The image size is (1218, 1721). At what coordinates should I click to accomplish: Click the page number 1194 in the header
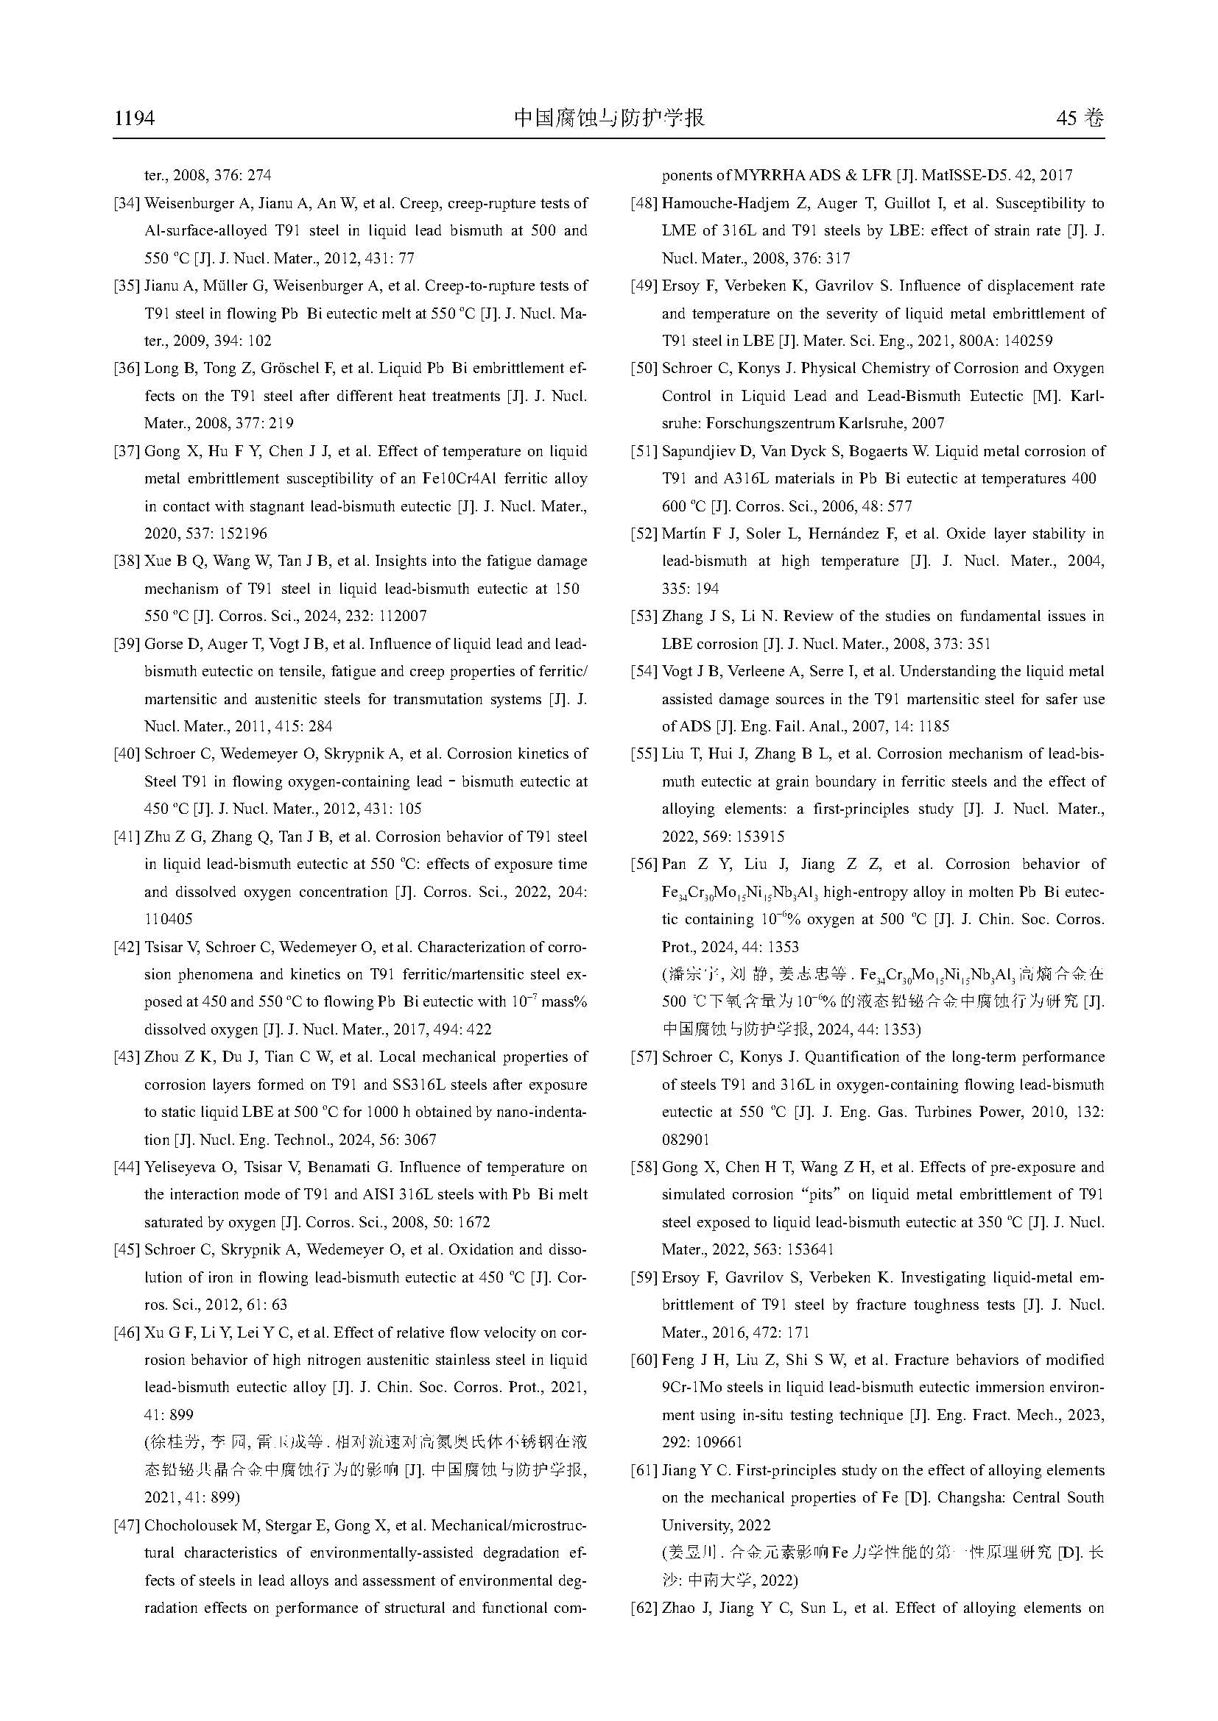coord(134,118)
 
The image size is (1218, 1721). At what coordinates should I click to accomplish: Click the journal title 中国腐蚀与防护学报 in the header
coord(608,118)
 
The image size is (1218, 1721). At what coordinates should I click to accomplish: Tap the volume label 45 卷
coord(1080,118)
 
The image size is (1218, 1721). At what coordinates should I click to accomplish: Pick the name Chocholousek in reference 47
coord(191,1525)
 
